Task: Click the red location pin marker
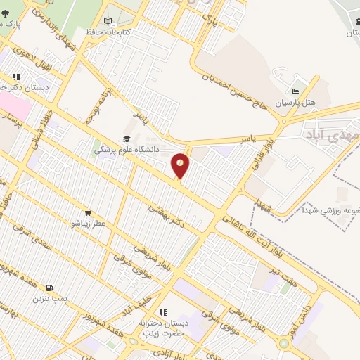tap(181, 165)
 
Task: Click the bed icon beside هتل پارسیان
tap(296, 91)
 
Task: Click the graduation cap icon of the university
tap(127, 139)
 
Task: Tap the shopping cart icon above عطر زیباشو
tap(87, 212)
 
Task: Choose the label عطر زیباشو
tap(88, 223)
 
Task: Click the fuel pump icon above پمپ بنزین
tap(49, 288)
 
